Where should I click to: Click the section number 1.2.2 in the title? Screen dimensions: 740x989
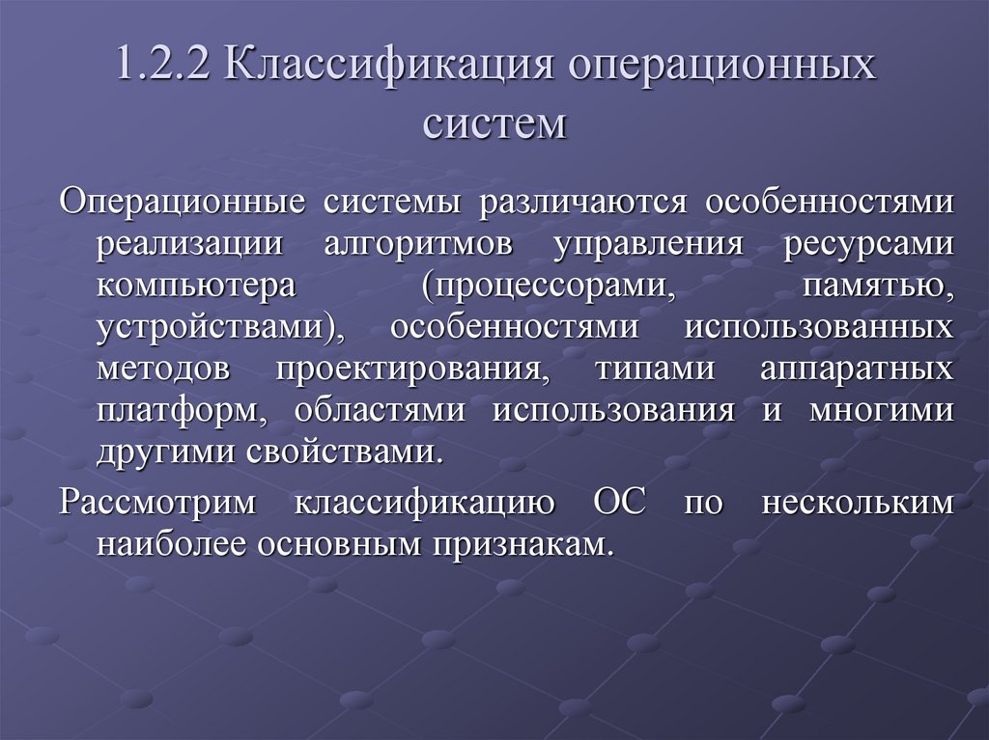164,71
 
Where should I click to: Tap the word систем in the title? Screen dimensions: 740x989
494,124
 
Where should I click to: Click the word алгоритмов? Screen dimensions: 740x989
418,244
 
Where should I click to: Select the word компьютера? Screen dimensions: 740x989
194,286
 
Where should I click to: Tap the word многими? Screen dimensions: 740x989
882,410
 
